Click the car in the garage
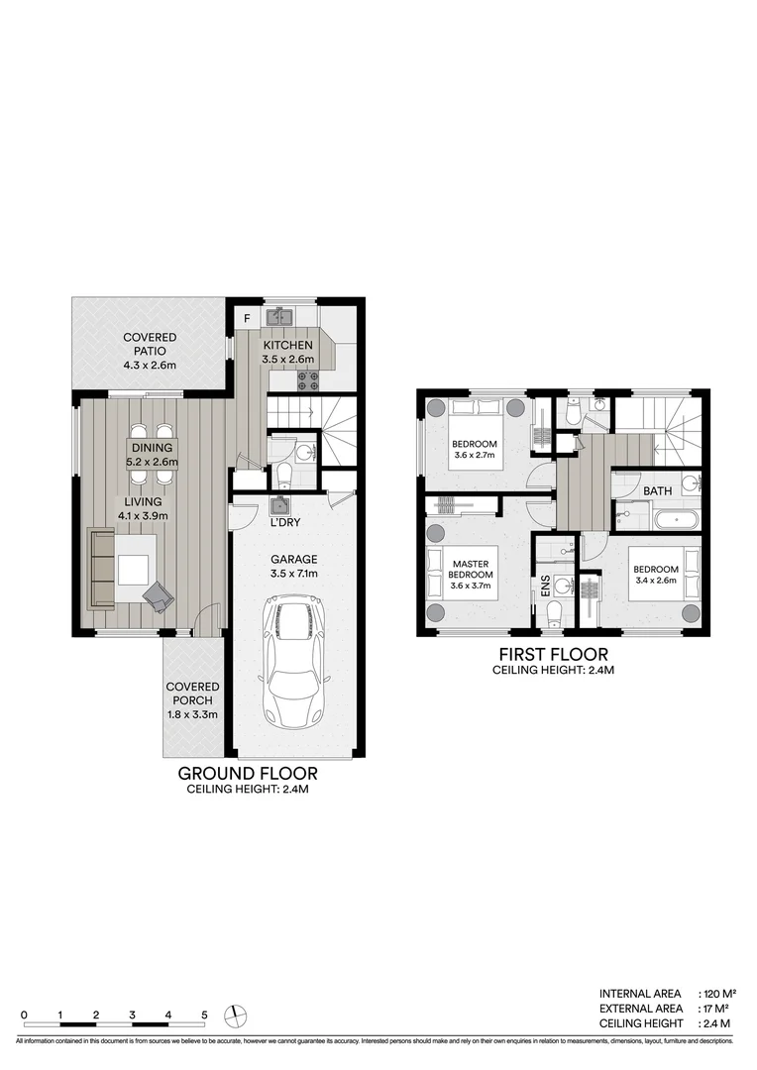(295, 661)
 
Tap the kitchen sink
(280, 317)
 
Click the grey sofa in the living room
(101, 569)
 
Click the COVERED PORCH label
(192, 699)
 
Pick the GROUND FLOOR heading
(248, 773)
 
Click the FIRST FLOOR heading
(554, 654)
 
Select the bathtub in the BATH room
(674, 519)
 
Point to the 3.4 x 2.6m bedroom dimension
(655, 581)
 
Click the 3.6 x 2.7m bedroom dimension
(475, 456)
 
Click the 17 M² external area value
(714, 1008)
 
